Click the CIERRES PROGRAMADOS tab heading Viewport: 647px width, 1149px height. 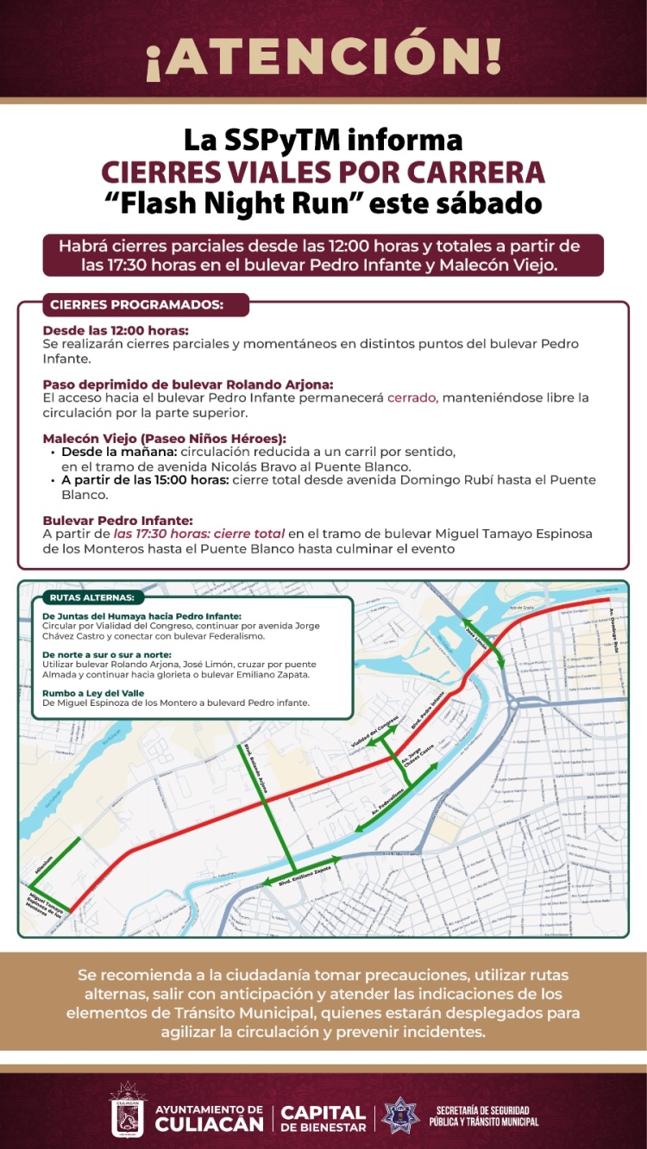(137, 305)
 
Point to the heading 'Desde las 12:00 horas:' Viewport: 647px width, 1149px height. (116, 330)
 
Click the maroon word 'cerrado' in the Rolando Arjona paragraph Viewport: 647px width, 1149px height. (412, 397)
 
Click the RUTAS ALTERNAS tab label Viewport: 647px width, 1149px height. (91, 597)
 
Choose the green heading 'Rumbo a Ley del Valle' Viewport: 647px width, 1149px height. (93, 693)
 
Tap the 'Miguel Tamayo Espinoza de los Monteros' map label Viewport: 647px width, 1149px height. (43, 902)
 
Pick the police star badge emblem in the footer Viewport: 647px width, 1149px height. (399, 1113)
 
